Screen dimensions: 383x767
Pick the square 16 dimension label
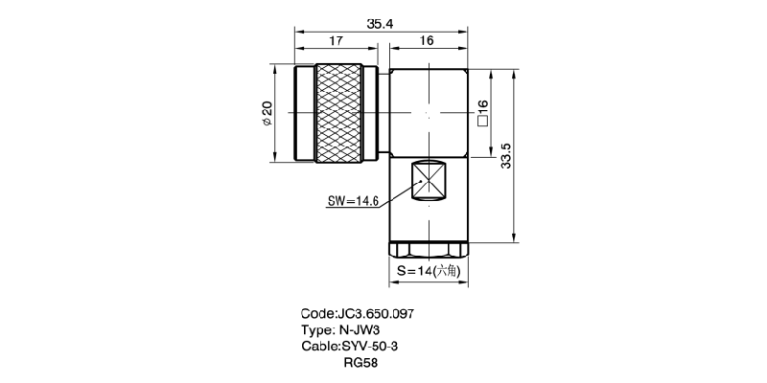tap(483, 114)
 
